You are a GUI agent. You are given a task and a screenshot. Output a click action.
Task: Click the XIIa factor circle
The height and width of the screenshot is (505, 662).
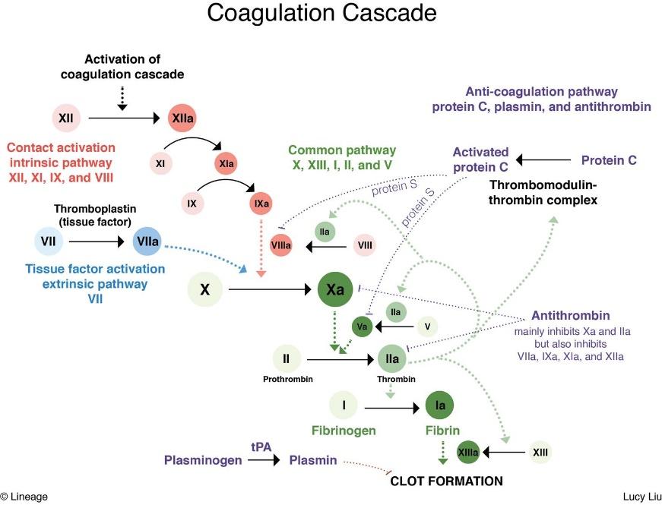tap(182, 118)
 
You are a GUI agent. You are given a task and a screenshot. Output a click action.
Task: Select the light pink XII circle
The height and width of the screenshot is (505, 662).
tap(66, 118)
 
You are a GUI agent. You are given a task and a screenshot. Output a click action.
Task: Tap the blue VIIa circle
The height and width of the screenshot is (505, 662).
tap(147, 241)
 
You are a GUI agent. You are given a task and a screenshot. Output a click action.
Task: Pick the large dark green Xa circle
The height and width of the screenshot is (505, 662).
tap(335, 289)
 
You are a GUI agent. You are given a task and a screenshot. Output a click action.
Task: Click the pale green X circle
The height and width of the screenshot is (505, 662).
tap(204, 289)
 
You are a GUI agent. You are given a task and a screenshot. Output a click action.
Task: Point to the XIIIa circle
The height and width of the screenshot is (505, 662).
tap(468, 453)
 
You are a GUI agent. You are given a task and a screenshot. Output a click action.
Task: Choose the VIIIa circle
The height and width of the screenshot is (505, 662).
tap(280, 245)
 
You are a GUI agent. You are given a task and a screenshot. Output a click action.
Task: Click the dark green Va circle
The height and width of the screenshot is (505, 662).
tap(363, 327)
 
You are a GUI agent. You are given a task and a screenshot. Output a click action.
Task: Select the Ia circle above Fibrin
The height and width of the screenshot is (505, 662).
tap(440, 405)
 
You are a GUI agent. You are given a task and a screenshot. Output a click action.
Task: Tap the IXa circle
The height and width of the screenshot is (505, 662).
tap(261, 204)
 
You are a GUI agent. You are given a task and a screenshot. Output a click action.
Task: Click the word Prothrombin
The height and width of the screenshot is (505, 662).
tap(288, 379)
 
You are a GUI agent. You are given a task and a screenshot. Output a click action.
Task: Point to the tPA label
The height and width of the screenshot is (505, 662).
tap(261, 447)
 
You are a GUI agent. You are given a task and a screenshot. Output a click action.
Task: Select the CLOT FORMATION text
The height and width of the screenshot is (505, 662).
tap(446, 481)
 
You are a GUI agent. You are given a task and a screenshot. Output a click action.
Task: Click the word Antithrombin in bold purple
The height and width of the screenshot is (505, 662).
tap(570, 316)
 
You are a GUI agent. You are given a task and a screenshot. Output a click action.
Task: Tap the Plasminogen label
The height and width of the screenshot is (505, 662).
tap(203, 460)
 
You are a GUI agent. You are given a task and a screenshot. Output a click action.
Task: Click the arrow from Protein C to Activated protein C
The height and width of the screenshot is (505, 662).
tap(543, 160)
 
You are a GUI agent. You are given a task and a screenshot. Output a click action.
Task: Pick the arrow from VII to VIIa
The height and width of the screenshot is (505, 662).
tap(97, 241)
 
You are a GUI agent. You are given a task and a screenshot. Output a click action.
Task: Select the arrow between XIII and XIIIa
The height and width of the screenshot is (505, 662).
tap(504, 453)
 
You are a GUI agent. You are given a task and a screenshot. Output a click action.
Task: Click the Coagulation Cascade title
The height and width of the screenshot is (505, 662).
tap(321, 13)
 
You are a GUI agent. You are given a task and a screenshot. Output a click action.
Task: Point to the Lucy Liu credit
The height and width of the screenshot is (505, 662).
tap(642, 497)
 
